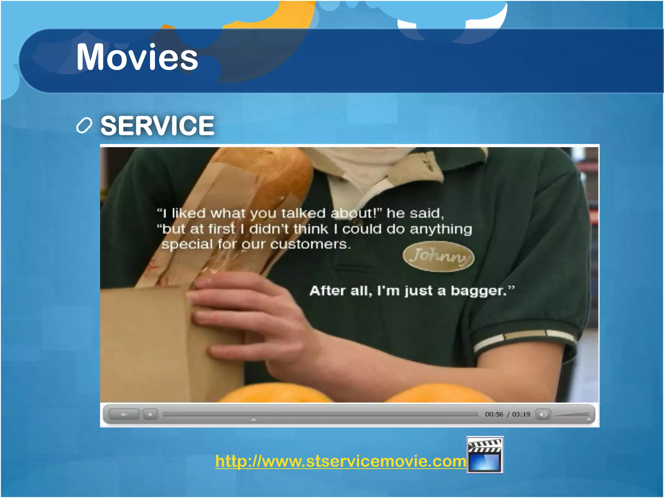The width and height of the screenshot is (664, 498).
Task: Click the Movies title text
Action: point(137,57)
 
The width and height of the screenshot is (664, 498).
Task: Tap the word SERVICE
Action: point(157,125)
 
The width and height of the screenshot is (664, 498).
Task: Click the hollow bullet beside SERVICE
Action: point(84,125)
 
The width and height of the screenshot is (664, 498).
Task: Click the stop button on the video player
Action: point(150,414)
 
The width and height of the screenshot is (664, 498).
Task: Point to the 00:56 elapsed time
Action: point(494,414)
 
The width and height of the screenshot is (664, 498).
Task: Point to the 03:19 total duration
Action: point(521,414)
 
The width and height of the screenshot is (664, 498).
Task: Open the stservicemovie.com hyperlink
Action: point(340,461)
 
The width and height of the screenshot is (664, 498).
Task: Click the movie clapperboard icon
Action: point(485,455)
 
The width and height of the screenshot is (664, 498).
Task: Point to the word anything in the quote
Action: point(441,229)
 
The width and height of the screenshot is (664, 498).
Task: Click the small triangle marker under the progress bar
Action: point(254,420)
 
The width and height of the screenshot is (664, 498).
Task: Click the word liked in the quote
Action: point(189,213)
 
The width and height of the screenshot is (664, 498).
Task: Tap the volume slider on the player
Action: point(572,415)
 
